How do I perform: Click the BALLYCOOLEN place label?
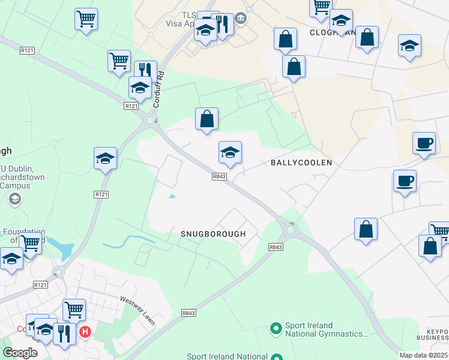click(x=301, y=163)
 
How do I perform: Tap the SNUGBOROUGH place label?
click(x=213, y=234)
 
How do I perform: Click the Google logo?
click(x=20, y=352)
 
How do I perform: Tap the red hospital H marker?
click(x=85, y=331)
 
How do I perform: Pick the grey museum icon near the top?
click(x=241, y=19)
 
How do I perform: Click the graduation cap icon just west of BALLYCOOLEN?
click(x=230, y=153)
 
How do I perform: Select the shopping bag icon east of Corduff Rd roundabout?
click(x=206, y=119)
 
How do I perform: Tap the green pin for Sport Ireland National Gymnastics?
click(x=276, y=328)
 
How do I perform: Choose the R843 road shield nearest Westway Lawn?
click(x=188, y=313)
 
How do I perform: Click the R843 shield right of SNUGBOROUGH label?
click(x=276, y=247)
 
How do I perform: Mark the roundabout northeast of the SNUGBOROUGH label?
click(x=291, y=229)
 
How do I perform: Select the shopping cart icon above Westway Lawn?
click(x=74, y=310)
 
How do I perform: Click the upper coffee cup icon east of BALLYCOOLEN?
click(x=424, y=143)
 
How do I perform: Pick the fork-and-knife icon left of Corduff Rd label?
click(x=145, y=71)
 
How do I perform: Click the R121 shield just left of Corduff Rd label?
click(x=131, y=106)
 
